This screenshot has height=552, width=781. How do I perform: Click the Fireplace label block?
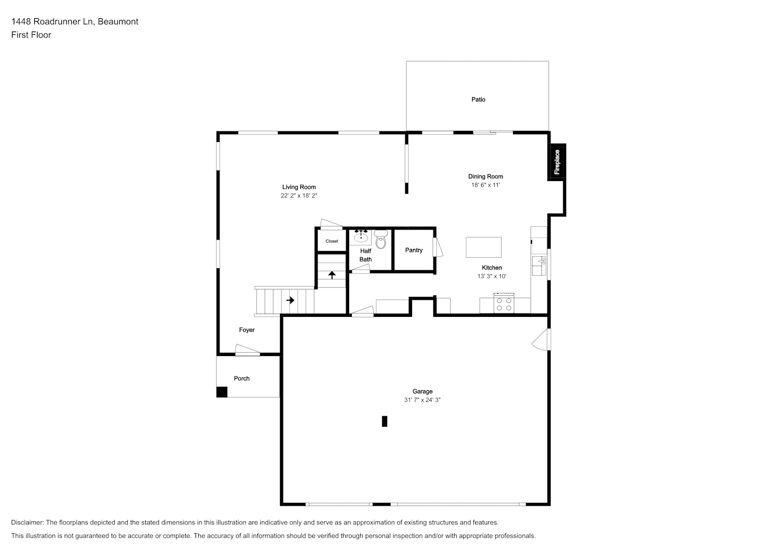tap(557, 162)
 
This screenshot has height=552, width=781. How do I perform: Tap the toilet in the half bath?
tap(381, 240)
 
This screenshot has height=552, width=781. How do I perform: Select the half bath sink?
tap(361, 237)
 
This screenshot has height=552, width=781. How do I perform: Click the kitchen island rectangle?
tap(484, 247)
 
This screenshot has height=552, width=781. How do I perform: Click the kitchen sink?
tap(539, 266)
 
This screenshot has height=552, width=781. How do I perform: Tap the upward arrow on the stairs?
tap(332, 275)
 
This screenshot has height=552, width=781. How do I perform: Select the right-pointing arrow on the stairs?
tap(291, 300)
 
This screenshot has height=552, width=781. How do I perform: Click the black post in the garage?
tap(384, 421)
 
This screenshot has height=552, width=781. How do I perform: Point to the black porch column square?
tap(221, 392)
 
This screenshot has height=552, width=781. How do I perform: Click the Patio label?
tap(478, 100)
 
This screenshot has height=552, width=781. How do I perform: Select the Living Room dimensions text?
tap(299, 196)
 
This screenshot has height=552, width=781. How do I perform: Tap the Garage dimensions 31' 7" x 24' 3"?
tap(422, 400)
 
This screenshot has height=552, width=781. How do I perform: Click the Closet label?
tap(332, 241)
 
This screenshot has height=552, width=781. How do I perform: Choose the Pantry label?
tap(414, 250)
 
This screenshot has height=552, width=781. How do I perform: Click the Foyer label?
tap(247, 330)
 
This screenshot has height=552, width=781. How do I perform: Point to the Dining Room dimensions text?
tap(486, 185)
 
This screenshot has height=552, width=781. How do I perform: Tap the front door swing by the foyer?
tap(247, 350)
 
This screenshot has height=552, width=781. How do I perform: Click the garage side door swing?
tap(541, 339)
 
